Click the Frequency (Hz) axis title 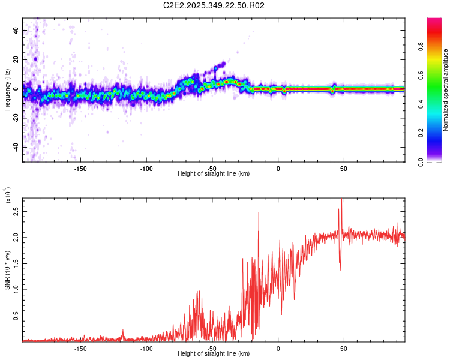tap(7, 90)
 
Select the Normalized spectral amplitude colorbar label tap(446, 90)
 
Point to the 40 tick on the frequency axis tap(16, 30)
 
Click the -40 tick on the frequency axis tap(15, 147)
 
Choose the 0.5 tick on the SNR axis tap(16, 315)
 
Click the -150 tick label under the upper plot tap(80, 169)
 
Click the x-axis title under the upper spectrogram tap(214, 174)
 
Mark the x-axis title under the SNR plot tap(214, 354)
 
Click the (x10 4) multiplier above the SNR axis tap(8, 195)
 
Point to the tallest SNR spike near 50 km tap(341, 200)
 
